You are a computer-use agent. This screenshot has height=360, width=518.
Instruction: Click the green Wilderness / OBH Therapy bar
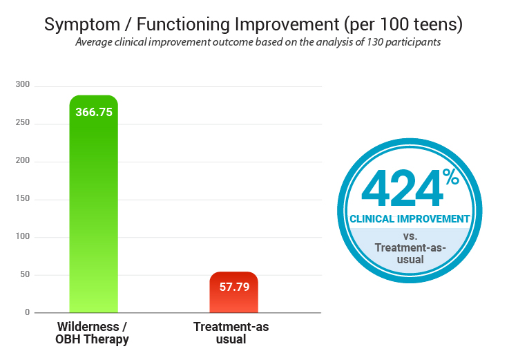93,207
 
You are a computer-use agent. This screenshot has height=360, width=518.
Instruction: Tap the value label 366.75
93,111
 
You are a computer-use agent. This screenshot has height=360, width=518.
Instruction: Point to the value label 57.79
233,287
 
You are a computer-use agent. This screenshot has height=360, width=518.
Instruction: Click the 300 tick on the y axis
23,86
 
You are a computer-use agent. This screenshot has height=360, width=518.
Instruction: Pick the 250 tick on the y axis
23,124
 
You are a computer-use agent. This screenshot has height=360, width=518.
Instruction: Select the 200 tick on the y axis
23,162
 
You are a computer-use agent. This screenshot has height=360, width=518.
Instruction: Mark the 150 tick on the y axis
23,200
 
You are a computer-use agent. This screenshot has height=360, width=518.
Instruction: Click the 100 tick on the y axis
23,237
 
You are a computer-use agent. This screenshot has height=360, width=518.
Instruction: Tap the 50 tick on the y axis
25,275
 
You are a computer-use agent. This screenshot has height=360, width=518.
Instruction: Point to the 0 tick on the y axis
28,313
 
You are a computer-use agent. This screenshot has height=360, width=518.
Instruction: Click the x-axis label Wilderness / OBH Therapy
93,332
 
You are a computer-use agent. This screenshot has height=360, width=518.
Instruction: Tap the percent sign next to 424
451,178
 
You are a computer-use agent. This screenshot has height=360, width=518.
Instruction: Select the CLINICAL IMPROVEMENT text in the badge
410,219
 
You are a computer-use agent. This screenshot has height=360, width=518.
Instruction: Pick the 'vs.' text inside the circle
410,236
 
